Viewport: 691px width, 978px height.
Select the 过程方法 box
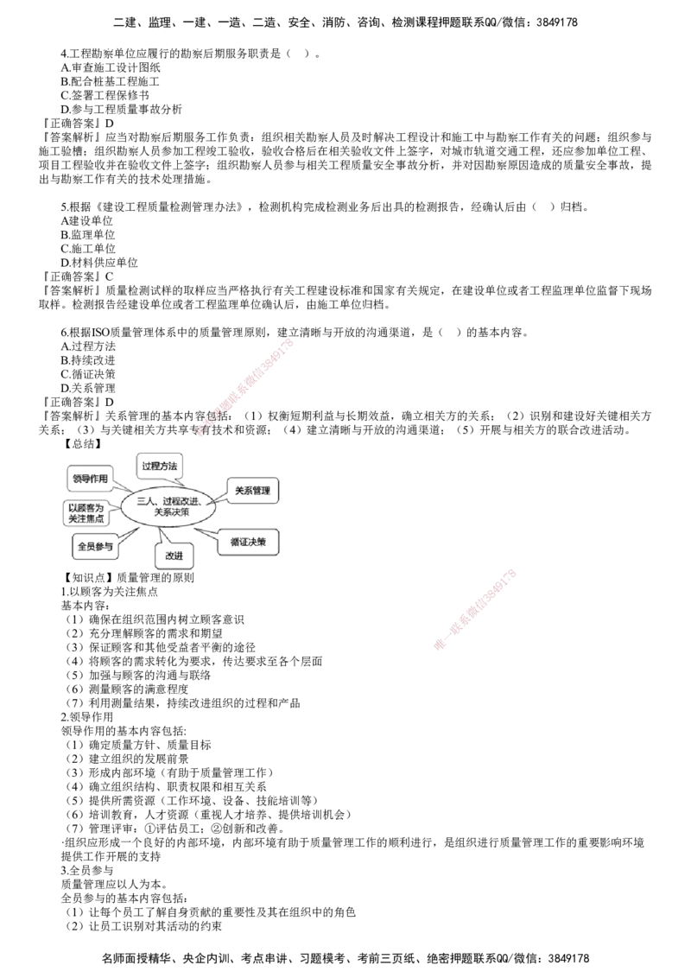click(159, 467)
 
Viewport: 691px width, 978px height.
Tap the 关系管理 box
click(252, 491)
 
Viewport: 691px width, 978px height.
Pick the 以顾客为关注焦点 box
click(86, 513)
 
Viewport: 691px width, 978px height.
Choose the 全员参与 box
click(94, 547)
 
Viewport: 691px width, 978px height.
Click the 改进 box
click(176, 556)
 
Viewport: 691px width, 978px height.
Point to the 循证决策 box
click(248, 543)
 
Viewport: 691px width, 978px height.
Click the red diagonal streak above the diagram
click(246, 387)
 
